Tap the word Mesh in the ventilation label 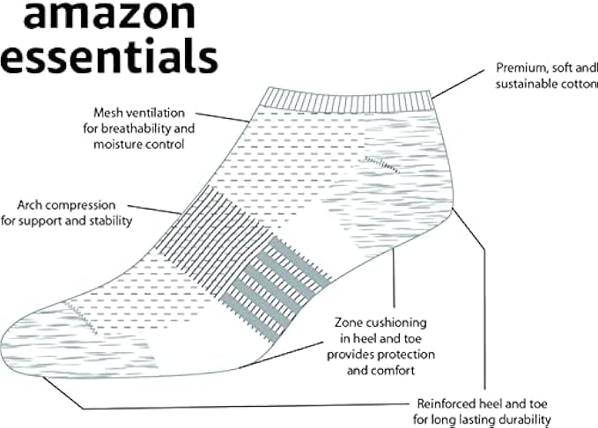tap(110, 113)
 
